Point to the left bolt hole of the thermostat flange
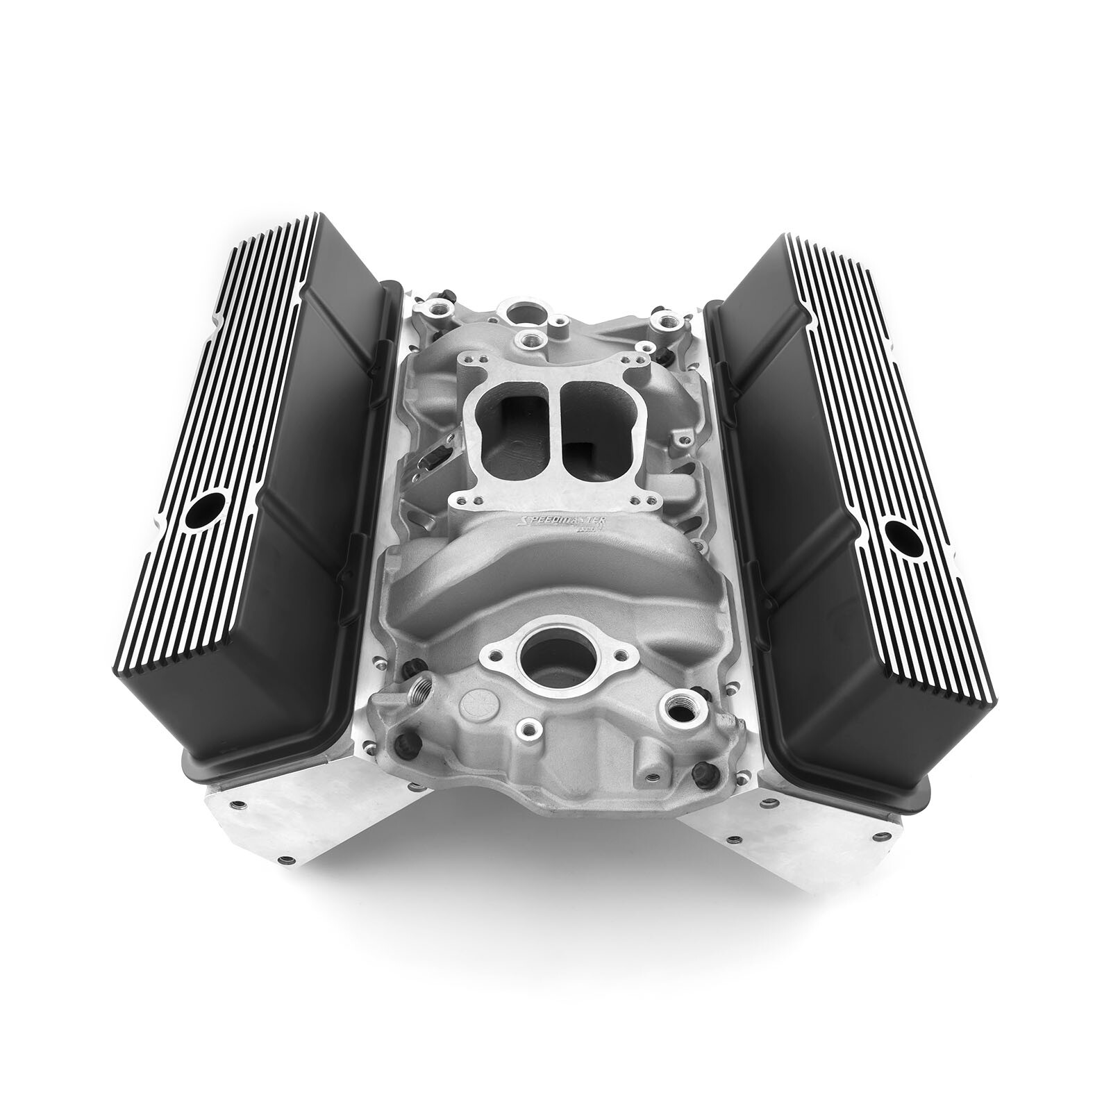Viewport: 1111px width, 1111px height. [x=494, y=653]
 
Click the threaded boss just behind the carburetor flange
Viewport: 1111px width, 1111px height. [x=534, y=340]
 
